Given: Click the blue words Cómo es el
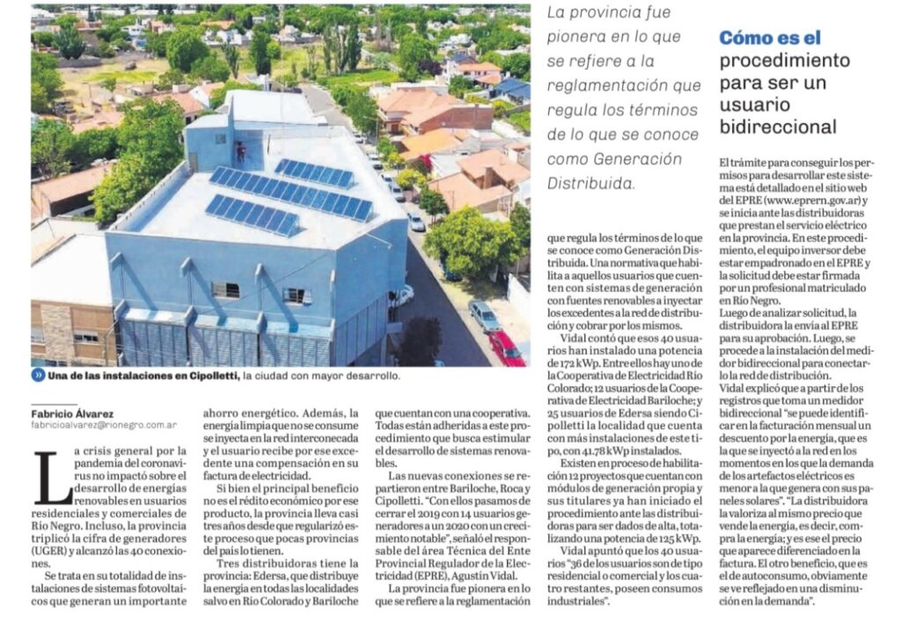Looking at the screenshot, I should [x=770, y=38].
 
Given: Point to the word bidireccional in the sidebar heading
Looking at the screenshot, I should [x=777, y=128].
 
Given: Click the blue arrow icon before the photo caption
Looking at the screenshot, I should [x=39, y=376].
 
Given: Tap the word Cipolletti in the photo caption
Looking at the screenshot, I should [x=209, y=376].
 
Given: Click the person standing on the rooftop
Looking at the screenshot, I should [x=240, y=150].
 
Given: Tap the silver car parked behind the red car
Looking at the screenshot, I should [x=483, y=314].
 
